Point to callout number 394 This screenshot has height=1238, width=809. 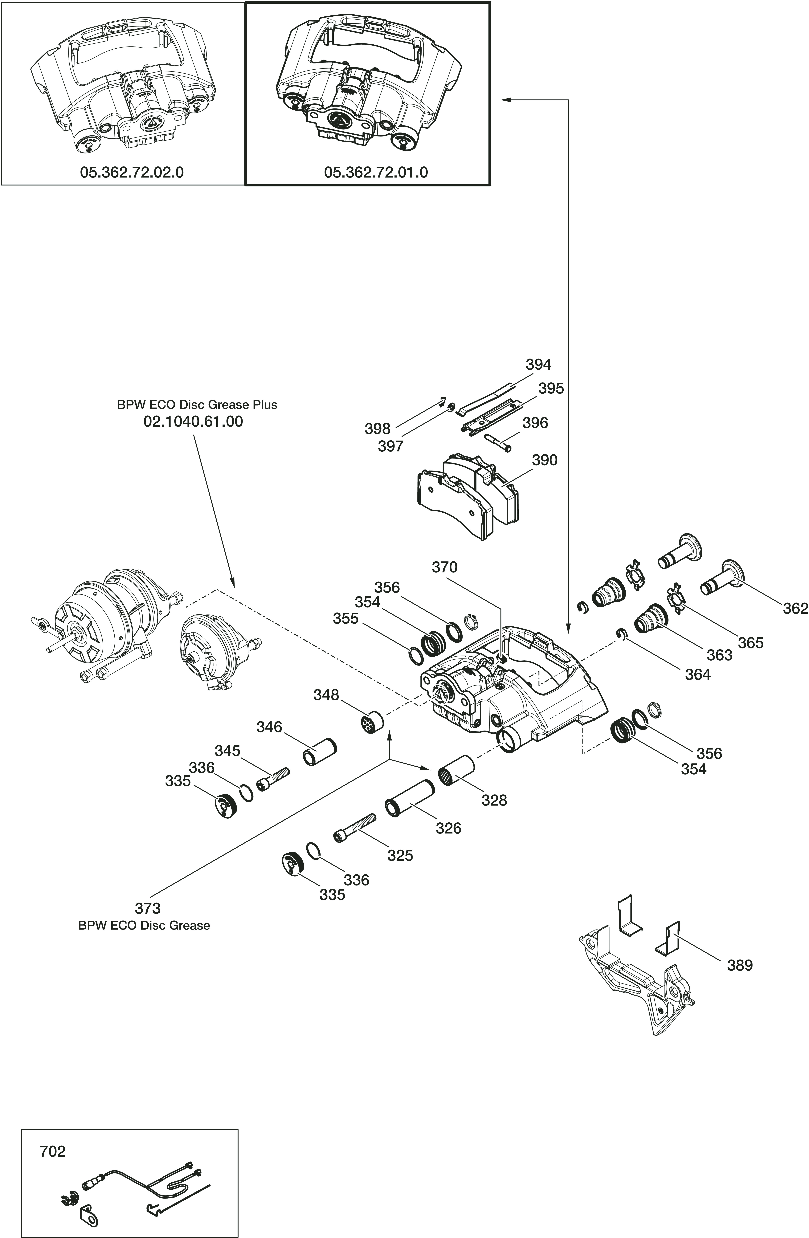point(538,365)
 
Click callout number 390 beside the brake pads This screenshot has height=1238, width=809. point(544,460)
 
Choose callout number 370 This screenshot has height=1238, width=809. point(444,567)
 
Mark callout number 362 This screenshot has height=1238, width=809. point(795,608)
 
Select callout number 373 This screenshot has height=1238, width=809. point(148,908)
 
